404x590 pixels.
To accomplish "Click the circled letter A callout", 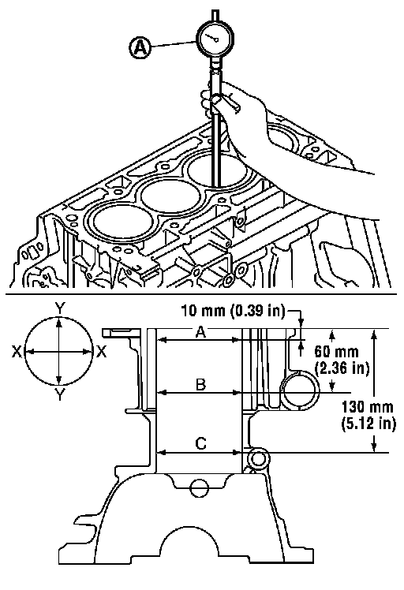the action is [x=140, y=48].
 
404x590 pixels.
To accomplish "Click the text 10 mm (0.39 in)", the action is [x=233, y=312].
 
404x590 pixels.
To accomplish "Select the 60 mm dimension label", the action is [x=336, y=352].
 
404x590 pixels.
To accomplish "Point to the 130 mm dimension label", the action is [x=368, y=407].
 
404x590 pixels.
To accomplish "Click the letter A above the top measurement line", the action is [x=200, y=332].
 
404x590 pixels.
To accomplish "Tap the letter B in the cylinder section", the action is [x=200, y=385].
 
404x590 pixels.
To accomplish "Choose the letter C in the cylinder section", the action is [x=200, y=443].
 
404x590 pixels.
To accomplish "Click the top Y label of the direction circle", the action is [x=59, y=308].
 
